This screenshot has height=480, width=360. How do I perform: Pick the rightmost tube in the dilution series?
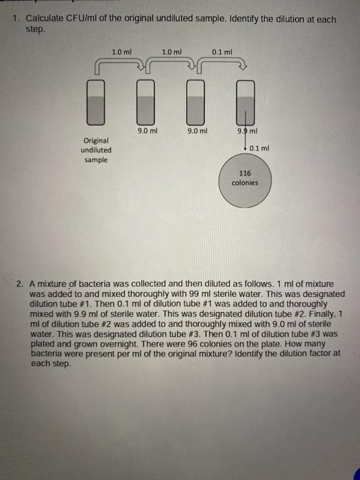click(x=246, y=101)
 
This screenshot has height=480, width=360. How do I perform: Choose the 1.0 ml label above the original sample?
click(x=121, y=51)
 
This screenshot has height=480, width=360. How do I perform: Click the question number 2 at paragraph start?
click(x=21, y=283)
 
